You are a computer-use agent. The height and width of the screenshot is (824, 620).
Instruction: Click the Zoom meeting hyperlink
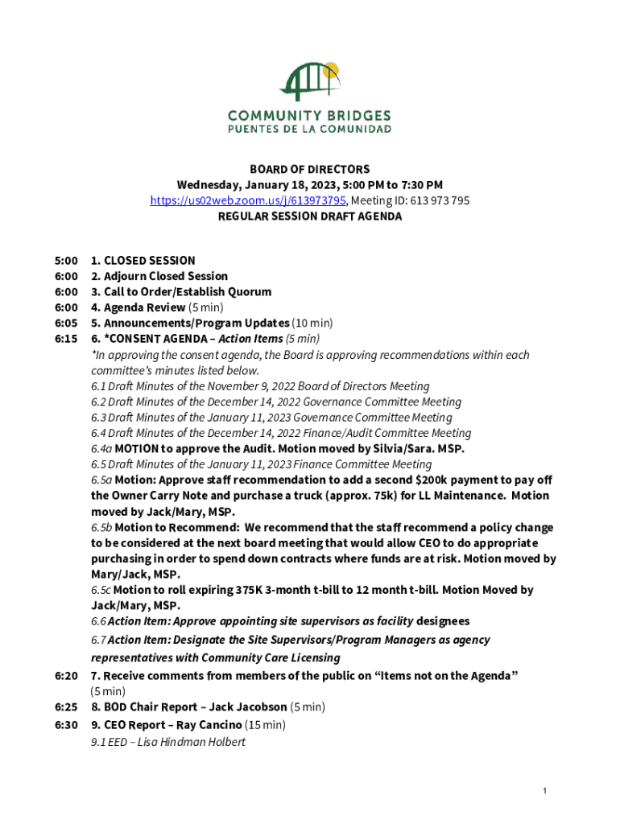[248, 200]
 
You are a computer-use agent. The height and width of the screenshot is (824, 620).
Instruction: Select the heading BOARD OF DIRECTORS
[309, 169]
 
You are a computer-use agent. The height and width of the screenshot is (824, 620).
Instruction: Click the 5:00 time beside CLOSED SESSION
[66, 261]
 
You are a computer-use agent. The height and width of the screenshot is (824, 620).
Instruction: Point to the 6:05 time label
[66, 323]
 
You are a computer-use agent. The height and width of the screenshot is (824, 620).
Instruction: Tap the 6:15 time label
[66, 339]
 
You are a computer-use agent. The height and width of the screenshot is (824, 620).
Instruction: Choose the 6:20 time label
[66, 676]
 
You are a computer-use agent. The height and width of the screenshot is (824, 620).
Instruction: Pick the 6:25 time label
[66, 707]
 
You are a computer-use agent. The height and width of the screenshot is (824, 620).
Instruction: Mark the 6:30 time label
[66, 725]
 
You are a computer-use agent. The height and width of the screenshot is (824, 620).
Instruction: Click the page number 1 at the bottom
[545, 792]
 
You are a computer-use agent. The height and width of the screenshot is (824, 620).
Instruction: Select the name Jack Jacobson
[248, 707]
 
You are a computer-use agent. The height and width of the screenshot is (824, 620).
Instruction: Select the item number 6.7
[98, 641]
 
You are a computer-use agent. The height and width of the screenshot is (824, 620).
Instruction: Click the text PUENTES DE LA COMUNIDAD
[309, 129]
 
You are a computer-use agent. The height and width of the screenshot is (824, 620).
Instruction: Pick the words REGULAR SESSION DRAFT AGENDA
[309, 216]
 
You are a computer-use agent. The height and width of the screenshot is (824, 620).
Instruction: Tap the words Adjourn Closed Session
[166, 276]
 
